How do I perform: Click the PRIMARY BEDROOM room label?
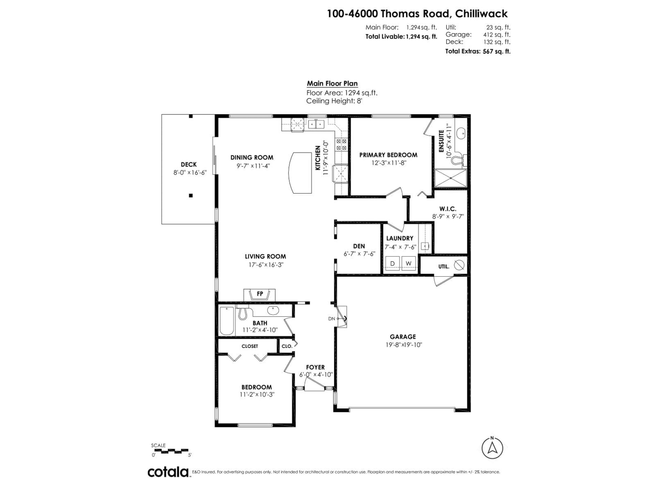(388, 155)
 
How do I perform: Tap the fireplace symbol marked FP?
(260, 294)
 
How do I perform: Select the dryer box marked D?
(392, 263)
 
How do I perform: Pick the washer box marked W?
(408, 263)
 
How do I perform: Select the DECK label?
(189, 165)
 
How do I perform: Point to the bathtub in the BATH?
(227, 321)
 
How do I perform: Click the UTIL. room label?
(444, 267)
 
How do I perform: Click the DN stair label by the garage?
(332, 319)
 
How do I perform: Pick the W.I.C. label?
(448, 209)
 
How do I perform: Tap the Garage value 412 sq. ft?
(497, 35)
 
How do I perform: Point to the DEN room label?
(359, 246)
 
